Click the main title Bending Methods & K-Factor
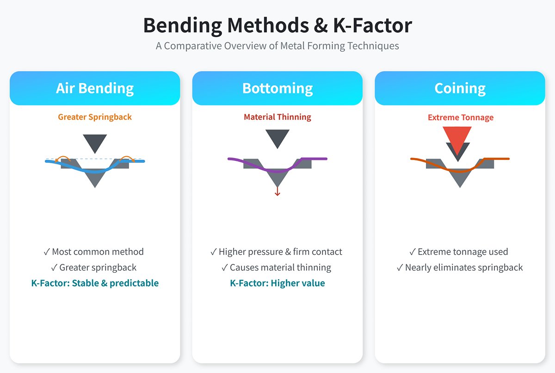click(x=277, y=25)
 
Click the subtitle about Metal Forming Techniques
click(x=277, y=46)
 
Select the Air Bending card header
click(x=95, y=88)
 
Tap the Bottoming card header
click(x=277, y=88)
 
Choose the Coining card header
click(x=460, y=88)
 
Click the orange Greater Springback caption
click(x=95, y=117)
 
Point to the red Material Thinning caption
click(x=277, y=117)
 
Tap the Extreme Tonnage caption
click(x=461, y=117)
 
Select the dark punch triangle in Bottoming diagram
click(x=277, y=137)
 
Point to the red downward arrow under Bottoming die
click(x=277, y=190)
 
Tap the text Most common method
click(x=94, y=252)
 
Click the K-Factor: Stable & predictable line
click(x=95, y=283)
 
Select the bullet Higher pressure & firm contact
click(x=277, y=252)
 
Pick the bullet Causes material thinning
click(x=277, y=268)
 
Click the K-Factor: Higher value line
click(x=277, y=283)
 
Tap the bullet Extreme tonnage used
click(x=459, y=252)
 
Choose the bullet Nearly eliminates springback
click(x=460, y=268)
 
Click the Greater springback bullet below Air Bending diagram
click(x=94, y=268)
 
